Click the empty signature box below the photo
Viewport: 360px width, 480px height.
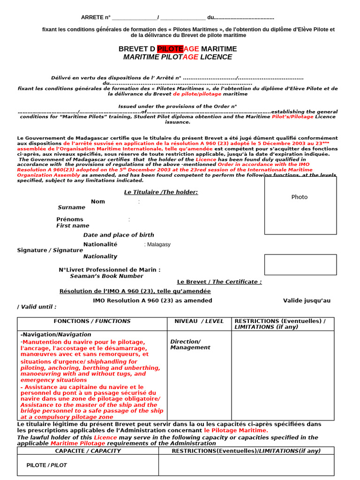(x=300, y=264)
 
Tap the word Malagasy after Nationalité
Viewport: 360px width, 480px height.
(x=158, y=245)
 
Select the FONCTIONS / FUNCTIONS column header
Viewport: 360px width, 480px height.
(x=92, y=321)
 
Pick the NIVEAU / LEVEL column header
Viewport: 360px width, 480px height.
(x=199, y=321)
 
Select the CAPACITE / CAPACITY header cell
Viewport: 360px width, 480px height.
(x=88, y=451)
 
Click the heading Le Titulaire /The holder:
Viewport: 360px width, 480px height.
(x=161, y=192)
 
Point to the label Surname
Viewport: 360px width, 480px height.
(x=71, y=207)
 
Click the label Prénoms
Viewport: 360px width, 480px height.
(x=70, y=219)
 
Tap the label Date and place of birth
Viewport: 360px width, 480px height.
(x=119, y=235)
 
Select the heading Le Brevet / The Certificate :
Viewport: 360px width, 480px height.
(x=219, y=282)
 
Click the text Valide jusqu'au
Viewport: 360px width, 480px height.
(x=307, y=300)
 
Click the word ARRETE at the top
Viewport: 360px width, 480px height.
(x=92, y=17)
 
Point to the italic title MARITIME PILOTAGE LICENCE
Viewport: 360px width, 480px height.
(x=177, y=57)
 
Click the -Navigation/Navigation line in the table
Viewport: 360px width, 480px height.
(x=56, y=334)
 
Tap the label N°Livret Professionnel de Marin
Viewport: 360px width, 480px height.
(x=109, y=270)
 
